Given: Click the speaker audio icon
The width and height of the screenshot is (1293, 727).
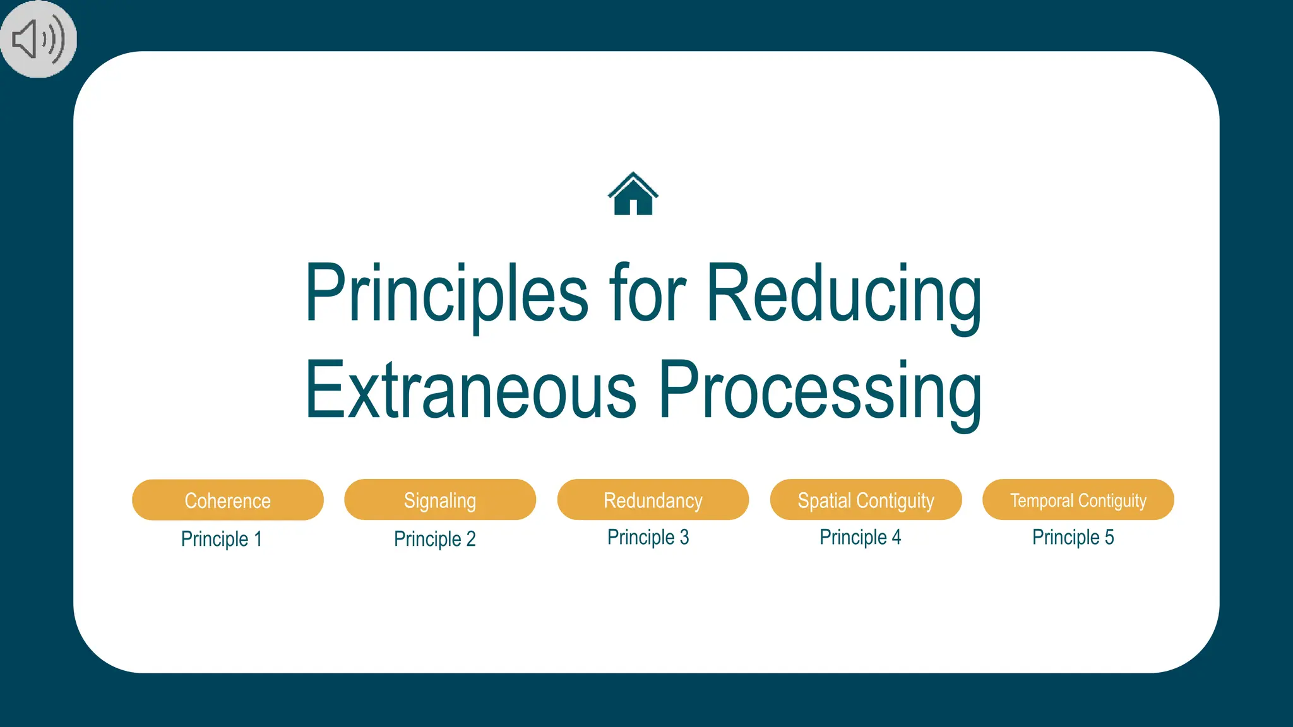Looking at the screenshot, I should (x=38, y=39).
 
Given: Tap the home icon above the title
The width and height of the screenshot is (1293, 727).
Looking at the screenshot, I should (x=633, y=194).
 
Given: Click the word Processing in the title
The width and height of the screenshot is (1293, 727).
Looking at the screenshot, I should (x=820, y=391).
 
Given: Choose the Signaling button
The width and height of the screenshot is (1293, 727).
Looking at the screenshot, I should (x=440, y=500).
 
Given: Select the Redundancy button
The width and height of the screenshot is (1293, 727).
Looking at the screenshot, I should (x=653, y=500).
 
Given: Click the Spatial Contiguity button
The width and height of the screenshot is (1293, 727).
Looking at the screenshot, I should (x=866, y=500).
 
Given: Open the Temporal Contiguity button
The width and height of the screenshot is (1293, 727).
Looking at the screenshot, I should (x=1078, y=500).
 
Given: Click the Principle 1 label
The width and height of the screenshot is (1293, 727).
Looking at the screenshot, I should (x=221, y=539).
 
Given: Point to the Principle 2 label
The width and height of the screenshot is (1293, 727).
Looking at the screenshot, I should (x=434, y=539).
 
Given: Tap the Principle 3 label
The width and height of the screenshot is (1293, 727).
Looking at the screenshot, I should (x=648, y=537).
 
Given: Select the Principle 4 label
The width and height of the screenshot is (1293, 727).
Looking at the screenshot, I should (x=860, y=537).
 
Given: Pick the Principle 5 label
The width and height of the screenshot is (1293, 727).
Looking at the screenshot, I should (x=1073, y=537).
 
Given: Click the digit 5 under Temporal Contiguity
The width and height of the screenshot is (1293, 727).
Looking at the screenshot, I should (x=1109, y=537).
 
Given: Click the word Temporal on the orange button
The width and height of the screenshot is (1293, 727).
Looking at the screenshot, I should (x=1042, y=500).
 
